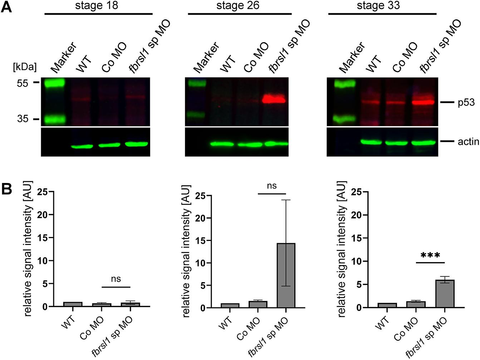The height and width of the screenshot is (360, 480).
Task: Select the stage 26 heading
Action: [238, 6]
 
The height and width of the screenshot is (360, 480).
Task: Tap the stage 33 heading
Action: [378, 6]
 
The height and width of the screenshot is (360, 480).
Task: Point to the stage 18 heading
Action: [97, 6]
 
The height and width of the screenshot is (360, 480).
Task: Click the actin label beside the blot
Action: [468, 142]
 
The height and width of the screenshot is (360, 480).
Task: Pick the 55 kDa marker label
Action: [22, 83]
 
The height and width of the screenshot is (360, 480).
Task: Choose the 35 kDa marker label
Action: [22, 119]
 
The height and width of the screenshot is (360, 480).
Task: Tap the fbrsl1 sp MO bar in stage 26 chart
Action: [286, 275]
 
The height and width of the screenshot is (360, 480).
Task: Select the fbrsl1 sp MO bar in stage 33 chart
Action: [444, 294]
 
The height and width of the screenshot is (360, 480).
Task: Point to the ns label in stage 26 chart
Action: [271, 186]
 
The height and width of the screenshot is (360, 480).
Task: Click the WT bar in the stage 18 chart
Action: [73, 304]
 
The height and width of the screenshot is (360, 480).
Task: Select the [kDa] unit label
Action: [25, 67]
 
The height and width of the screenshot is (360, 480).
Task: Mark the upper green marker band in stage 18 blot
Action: [54, 83]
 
